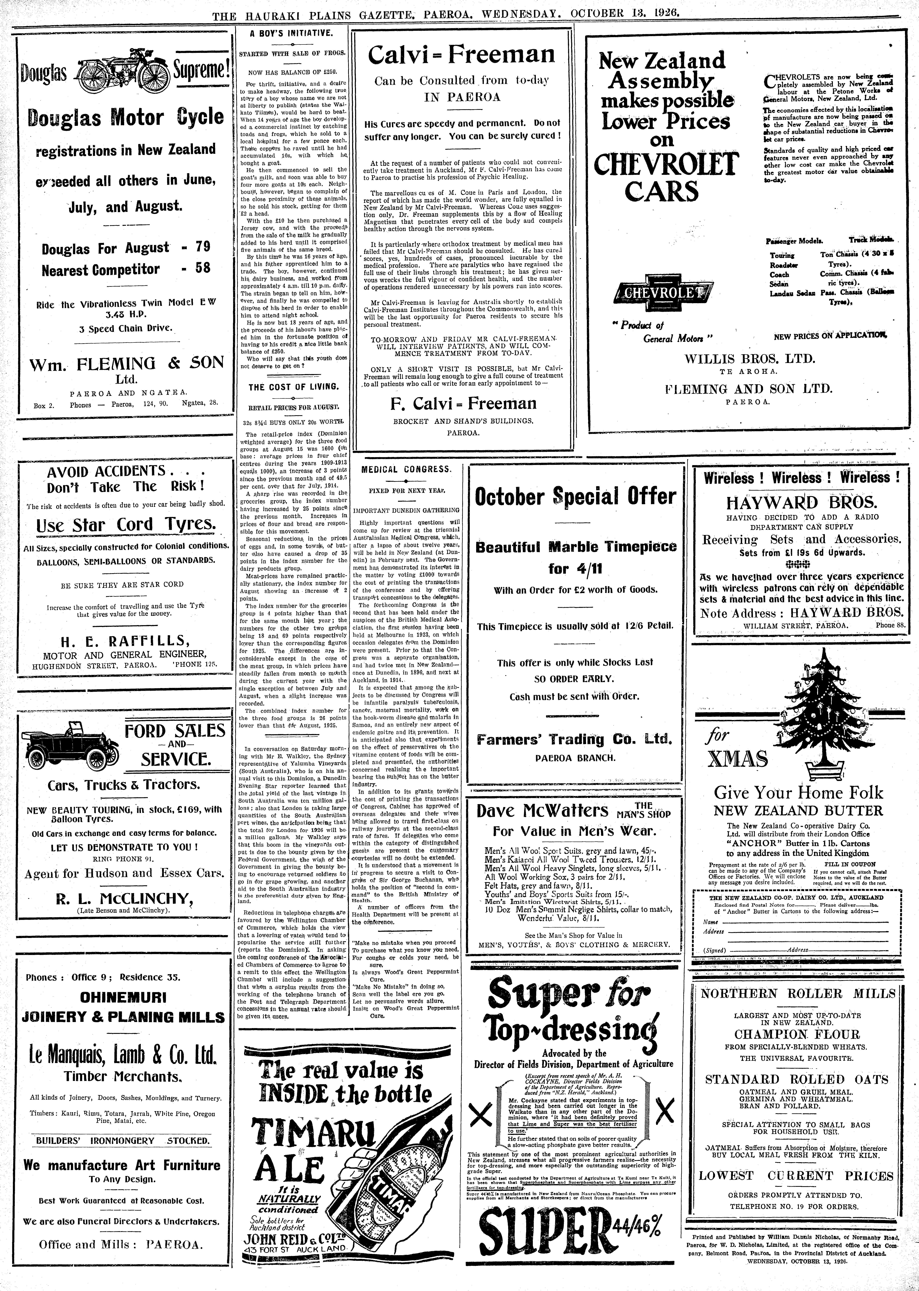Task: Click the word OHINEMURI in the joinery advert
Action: (x=123, y=998)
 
